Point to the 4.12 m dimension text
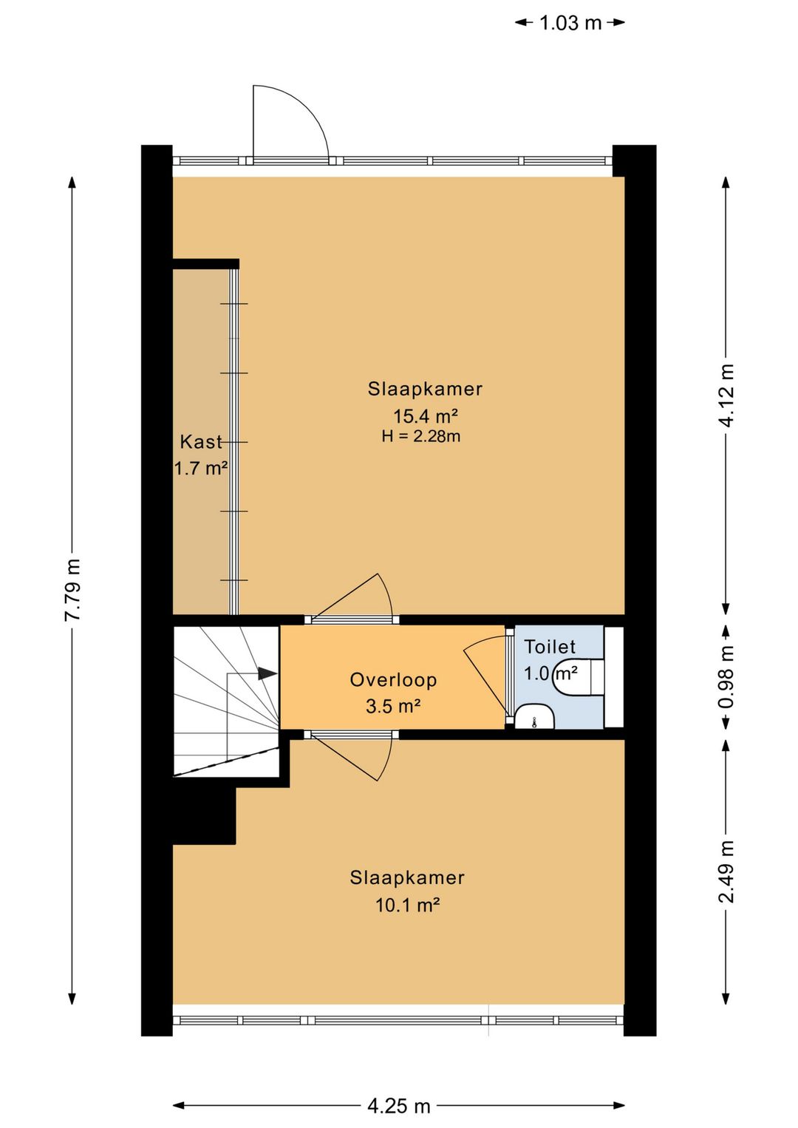tap(726, 395)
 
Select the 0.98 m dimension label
tap(726, 676)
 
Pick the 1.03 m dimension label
tap(570, 23)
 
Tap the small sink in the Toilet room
tap(534, 717)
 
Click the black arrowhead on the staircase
tap(267, 673)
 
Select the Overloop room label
tap(393, 680)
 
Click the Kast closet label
tap(201, 441)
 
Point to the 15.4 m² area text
tap(426, 416)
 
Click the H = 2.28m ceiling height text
tap(421, 436)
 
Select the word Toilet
tap(550, 647)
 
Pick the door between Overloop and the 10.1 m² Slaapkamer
tap(352, 757)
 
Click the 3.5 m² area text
tap(393, 707)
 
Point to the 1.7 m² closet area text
tap(201, 469)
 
